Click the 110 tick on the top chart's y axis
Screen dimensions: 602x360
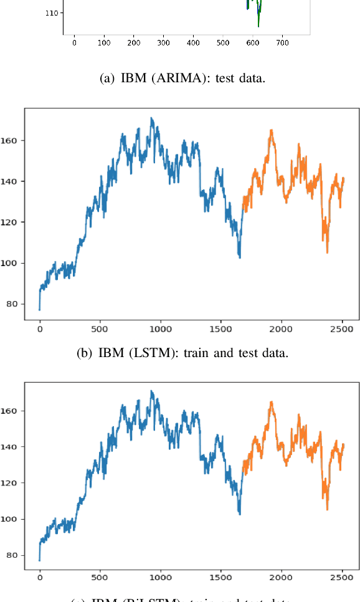point(52,12)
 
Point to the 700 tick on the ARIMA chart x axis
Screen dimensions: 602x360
point(282,43)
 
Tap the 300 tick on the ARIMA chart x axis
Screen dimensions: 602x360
point(163,43)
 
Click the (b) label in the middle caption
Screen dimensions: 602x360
point(84,353)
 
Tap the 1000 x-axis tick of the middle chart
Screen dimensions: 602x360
point(160,329)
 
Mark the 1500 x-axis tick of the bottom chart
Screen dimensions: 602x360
point(220,578)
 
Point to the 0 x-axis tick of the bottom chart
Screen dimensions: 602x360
point(39,578)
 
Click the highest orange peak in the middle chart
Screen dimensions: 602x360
point(272,130)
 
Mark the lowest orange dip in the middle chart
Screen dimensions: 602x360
point(327,252)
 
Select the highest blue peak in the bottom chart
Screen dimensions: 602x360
point(151,391)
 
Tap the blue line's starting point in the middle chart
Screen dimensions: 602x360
point(39,309)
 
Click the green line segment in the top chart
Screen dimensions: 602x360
point(258,19)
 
